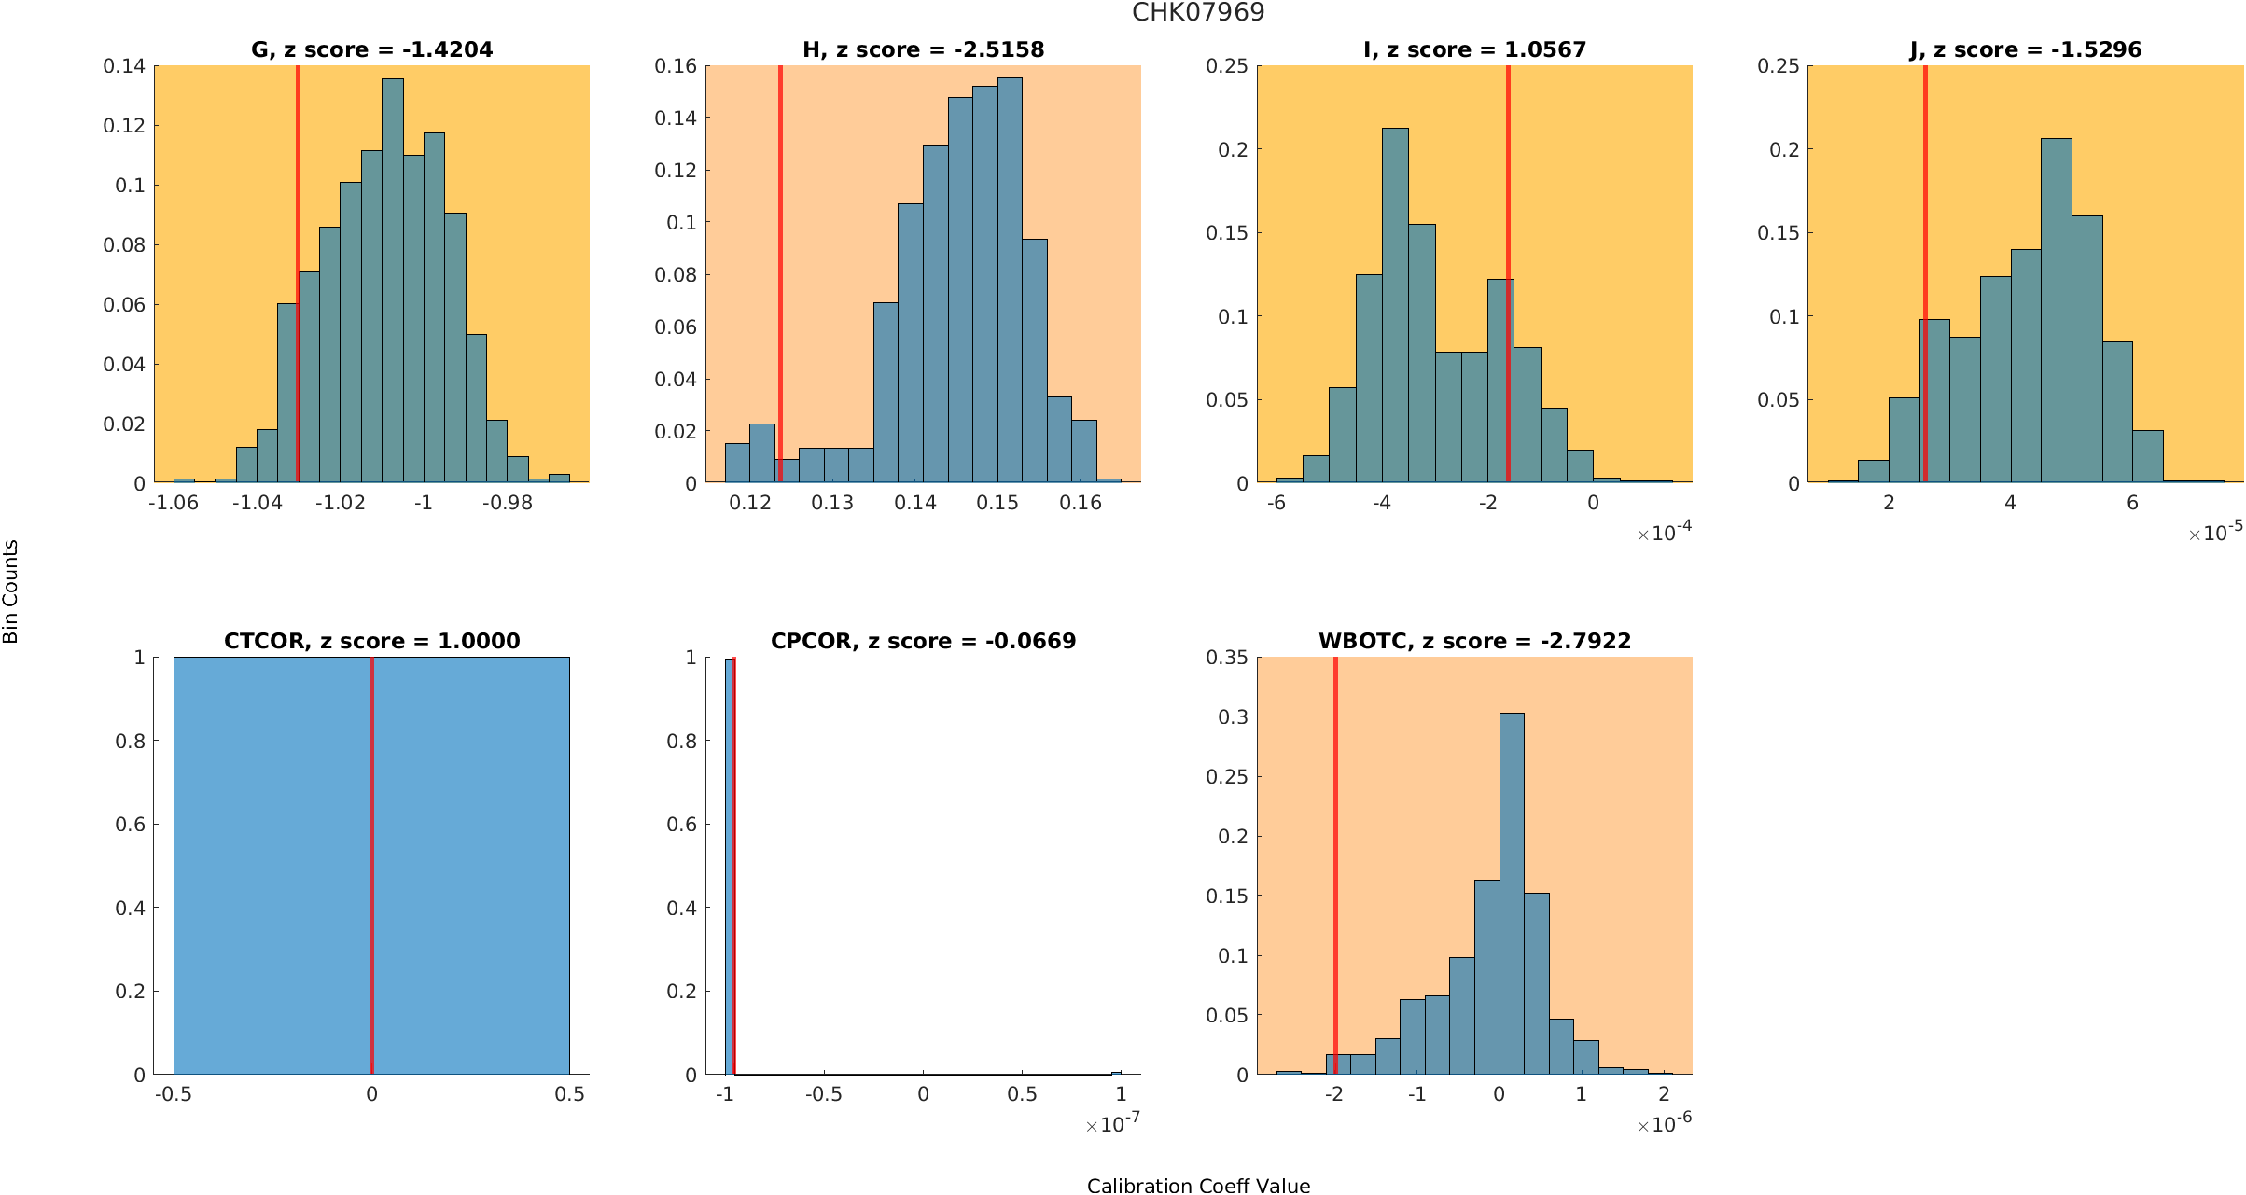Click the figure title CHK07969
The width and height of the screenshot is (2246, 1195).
[1198, 12]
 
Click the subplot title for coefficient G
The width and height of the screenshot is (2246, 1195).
[371, 49]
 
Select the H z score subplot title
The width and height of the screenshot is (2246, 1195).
[923, 49]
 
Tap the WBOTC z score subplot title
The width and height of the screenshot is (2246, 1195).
[1474, 641]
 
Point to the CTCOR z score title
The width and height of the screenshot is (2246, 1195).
[371, 641]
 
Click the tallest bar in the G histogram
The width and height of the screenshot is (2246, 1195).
[393, 280]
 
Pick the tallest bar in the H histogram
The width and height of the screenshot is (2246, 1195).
[1010, 280]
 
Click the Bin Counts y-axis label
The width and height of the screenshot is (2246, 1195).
[11, 591]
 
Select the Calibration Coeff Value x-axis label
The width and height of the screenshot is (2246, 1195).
[1198, 1186]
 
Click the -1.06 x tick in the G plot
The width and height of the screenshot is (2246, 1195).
[174, 503]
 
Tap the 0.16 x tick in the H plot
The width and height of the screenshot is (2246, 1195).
[1081, 503]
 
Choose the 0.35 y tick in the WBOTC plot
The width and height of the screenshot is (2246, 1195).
[1226, 658]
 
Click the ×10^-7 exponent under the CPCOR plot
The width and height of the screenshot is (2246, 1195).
[1113, 1124]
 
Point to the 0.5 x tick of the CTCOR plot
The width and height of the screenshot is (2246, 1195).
[569, 1094]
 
